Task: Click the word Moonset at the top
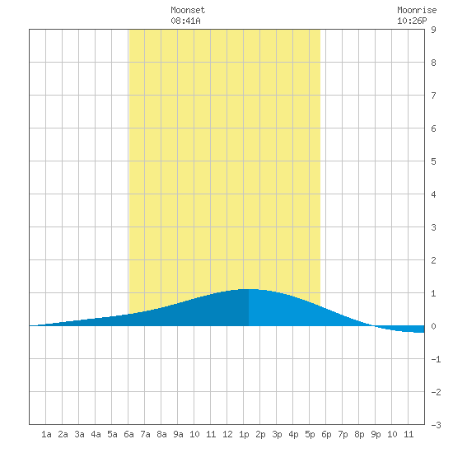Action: (188, 10)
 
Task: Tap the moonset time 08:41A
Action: (185, 21)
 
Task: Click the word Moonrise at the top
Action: (417, 10)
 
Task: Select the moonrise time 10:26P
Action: (412, 21)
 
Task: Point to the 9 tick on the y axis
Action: (433, 30)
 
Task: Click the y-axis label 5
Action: (433, 161)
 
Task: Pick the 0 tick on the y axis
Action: (433, 326)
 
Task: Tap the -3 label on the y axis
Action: (436, 425)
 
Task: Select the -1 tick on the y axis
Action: (436, 359)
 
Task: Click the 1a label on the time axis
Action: (46, 434)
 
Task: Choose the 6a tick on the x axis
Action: (128, 434)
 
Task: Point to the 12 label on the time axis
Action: (227, 434)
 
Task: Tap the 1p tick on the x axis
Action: (244, 434)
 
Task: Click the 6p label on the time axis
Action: (326, 434)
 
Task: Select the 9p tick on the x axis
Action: (376, 434)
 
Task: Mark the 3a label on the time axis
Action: (79, 434)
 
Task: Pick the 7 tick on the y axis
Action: (433, 96)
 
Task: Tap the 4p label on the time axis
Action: (293, 434)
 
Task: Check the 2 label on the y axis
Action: (433, 260)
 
